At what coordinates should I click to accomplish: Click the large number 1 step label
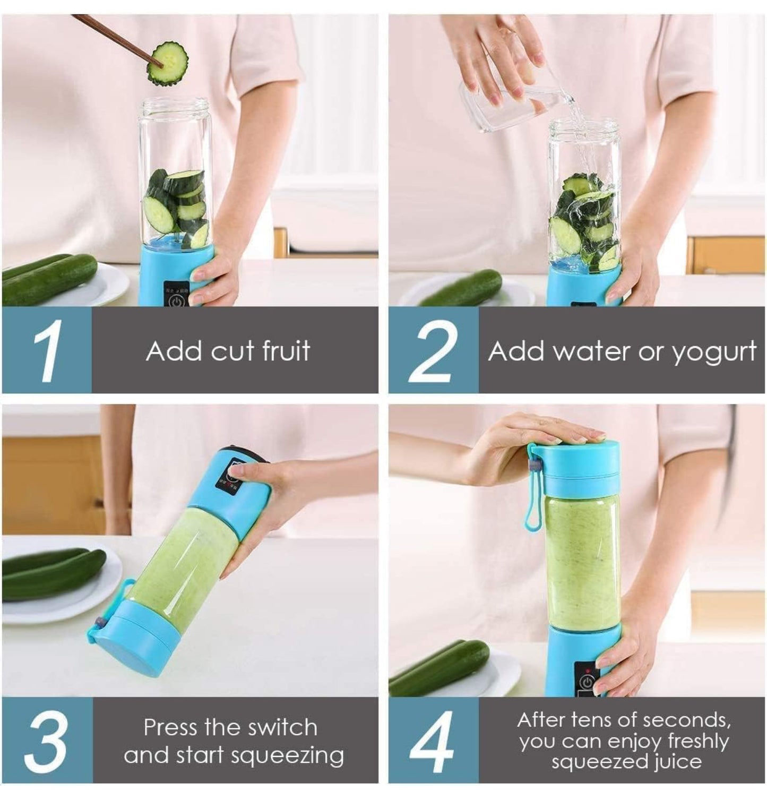48,350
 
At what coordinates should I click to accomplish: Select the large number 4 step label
432,741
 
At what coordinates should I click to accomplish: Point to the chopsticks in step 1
117,37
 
